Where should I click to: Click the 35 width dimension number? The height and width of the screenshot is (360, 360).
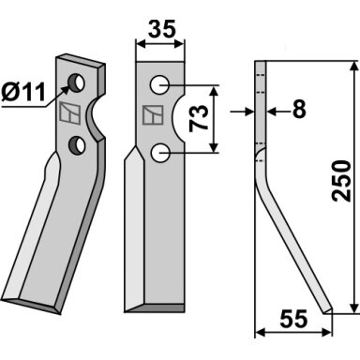162,29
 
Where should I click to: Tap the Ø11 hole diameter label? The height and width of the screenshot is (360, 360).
23,92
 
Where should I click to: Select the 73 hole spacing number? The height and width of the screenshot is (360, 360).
199,118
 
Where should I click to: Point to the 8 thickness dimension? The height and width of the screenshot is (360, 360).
299,110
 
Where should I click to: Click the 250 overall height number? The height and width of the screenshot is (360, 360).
341,181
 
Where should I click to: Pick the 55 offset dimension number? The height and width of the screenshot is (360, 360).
293,319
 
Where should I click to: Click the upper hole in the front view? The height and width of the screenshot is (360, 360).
159,84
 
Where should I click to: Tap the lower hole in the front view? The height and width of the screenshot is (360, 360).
159,153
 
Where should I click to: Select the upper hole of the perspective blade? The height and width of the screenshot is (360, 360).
77,83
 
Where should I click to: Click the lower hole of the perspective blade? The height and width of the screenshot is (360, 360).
77,145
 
